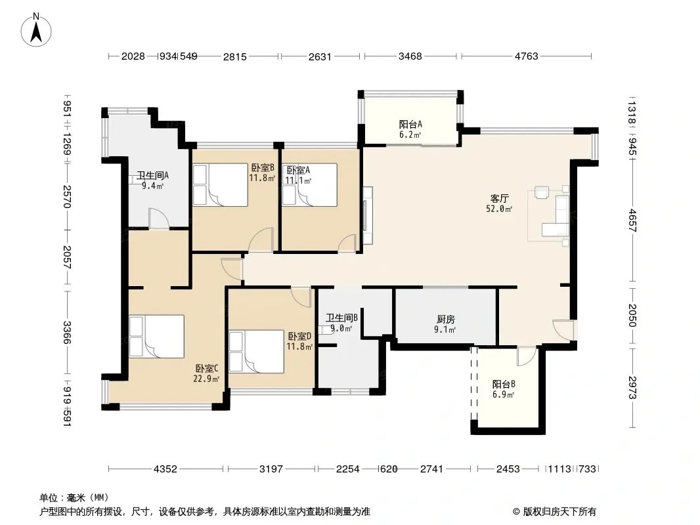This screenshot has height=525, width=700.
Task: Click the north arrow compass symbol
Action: click(x=36, y=30)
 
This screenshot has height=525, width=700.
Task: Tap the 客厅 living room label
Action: click(x=499, y=198)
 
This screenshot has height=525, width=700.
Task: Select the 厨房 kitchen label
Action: click(x=445, y=320)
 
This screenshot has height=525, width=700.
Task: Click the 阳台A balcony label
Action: click(x=410, y=125)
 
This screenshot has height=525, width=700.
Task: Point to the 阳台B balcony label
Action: click(x=504, y=384)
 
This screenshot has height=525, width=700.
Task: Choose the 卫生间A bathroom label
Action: click(x=152, y=175)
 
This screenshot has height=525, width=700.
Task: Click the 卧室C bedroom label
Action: click(x=207, y=368)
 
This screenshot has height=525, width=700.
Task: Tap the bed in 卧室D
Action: click(x=256, y=352)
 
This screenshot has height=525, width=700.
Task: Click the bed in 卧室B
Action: click(x=220, y=185)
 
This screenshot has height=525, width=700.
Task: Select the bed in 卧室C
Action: click(x=157, y=336)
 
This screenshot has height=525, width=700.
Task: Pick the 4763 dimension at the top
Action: click(x=527, y=56)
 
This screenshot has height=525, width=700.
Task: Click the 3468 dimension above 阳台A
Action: click(x=410, y=56)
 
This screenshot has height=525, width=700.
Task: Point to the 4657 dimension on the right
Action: click(x=632, y=220)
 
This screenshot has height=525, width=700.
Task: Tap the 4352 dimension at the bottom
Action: click(x=165, y=469)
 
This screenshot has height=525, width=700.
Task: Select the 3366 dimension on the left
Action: click(x=66, y=333)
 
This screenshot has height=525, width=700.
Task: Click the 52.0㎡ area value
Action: click(x=499, y=208)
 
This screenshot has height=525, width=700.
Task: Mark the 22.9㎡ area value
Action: click(x=206, y=379)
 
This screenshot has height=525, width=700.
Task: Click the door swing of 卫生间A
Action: click(x=159, y=218)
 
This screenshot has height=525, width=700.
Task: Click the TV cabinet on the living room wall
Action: click(x=368, y=215)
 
